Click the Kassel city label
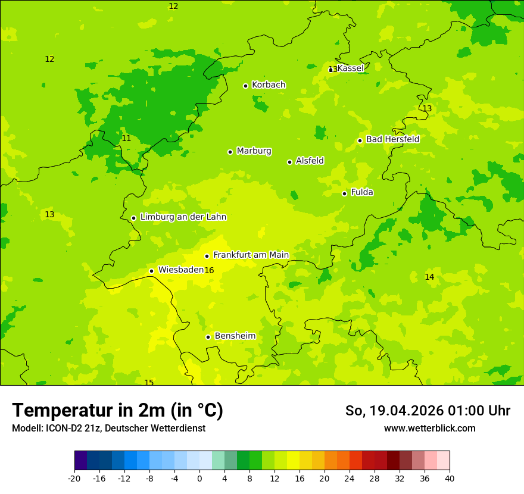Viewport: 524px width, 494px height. (x=350, y=68)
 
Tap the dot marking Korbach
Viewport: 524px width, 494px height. (x=245, y=86)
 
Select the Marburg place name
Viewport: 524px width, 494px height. (x=254, y=151)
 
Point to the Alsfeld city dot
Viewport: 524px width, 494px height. (x=289, y=162)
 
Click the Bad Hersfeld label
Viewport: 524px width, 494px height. (x=392, y=139)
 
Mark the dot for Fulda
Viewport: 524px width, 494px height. (x=344, y=193)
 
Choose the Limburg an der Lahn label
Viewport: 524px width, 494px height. (x=183, y=217)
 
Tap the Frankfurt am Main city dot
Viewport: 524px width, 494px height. (x=207, y=256)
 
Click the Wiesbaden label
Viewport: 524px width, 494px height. (x=180, y=270)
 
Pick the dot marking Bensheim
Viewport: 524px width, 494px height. (x=208, y=337)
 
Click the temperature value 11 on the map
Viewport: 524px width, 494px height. (x=126, y=138)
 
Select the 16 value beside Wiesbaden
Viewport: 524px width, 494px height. (x=209, y=271)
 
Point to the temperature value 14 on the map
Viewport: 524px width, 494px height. (x=429, y=277)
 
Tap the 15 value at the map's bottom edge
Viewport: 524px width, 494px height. (x=149, y=383)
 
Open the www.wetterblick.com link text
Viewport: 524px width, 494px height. (x=429, y=428)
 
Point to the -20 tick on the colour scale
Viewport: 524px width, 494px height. (x=74, y=479)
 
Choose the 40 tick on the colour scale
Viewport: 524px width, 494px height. (x=450, y=479)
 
